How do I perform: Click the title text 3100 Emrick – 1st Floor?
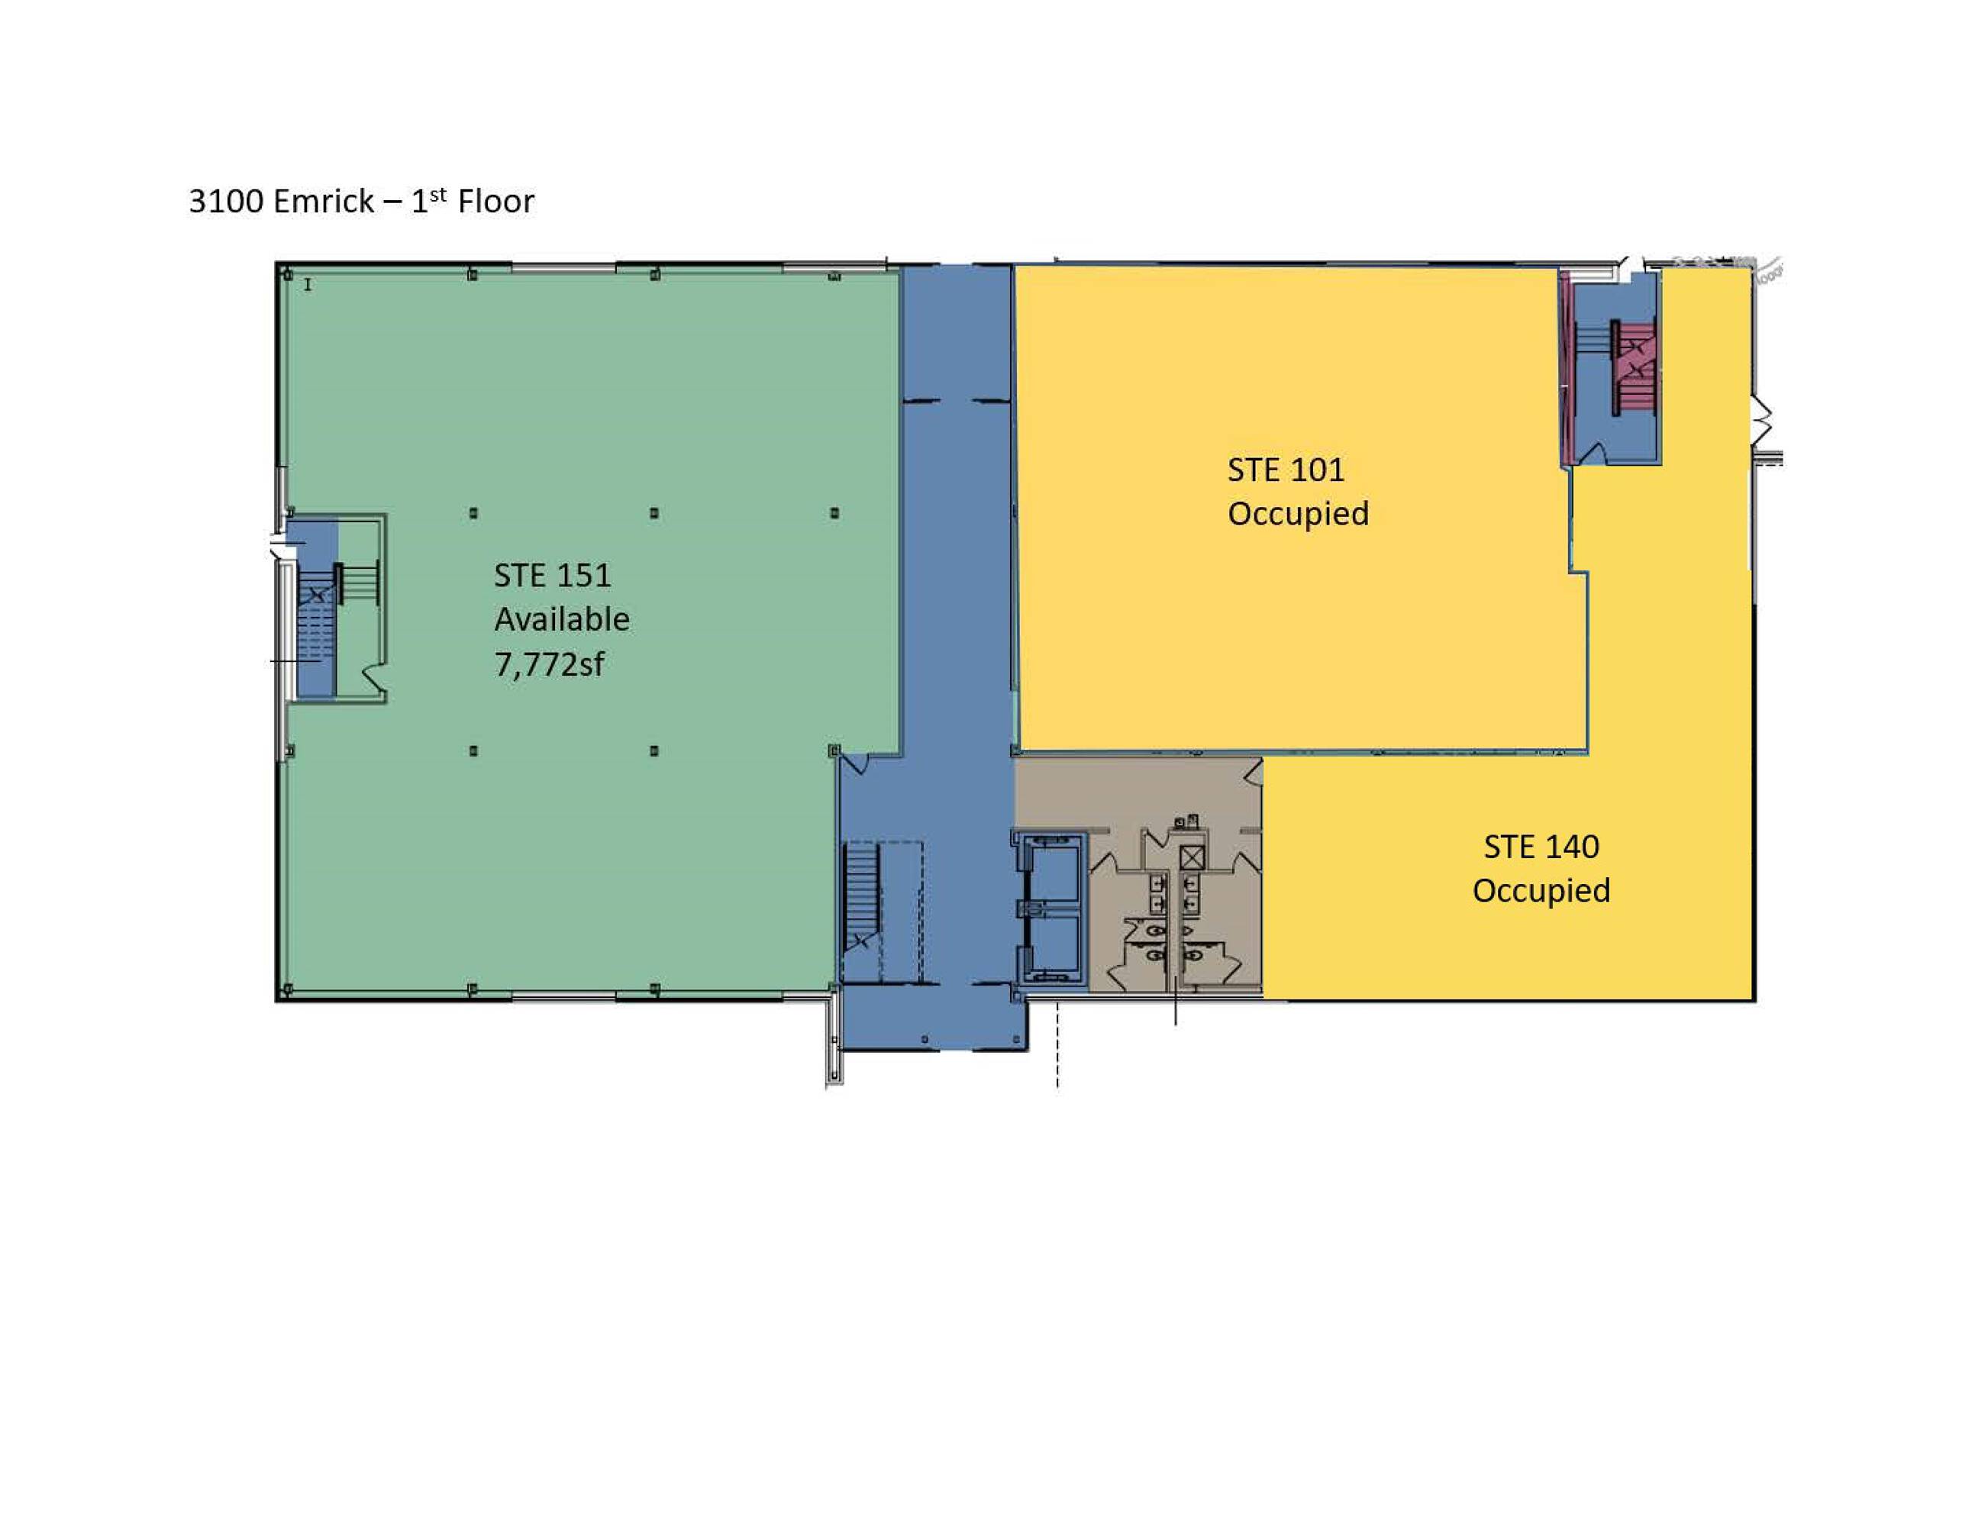(x=361, y=200)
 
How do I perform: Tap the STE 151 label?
(x=552, y=576)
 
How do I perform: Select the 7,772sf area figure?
(x=549, y=665)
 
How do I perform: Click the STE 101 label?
(x=1285, y=470)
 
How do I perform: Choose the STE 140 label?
(x=1541, y=847)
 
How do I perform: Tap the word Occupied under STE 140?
(x=1541, y=891)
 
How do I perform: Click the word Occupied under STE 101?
(x=1298, y=514)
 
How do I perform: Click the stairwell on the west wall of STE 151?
(x=333, y=607)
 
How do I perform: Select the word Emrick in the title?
(x=323, y=201)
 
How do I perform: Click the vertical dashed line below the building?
(x=1057, y=1044)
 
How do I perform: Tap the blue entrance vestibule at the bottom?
(x=934, y=1018)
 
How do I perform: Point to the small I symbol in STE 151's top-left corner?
(x=308, y=285)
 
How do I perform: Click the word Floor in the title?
(x=495, y=201)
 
